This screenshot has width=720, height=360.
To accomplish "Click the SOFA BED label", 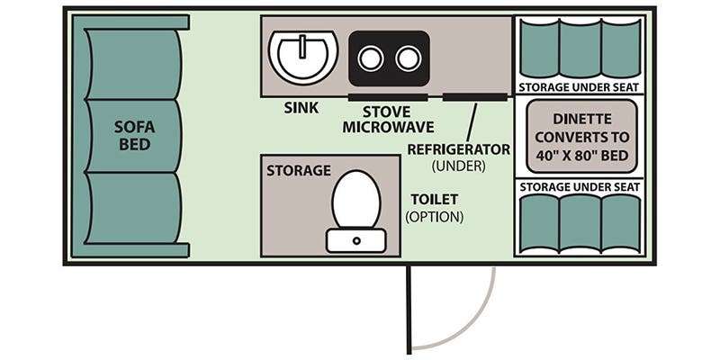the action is (x=134, y=136).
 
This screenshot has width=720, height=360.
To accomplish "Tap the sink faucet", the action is (x=302, y=47).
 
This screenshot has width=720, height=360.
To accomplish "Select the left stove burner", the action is (x=371, y=58).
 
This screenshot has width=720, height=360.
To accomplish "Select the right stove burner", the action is (x=409, y=58).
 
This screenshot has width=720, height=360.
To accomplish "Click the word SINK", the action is (x=301, y=108).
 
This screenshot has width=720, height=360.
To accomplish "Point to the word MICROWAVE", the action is (x=388, y=127).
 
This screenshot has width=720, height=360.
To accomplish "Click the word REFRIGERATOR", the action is (x=459, y=149).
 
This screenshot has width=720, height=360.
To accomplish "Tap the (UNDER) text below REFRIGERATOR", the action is (x=458, y=166).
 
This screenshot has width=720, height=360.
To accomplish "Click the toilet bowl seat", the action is (x=356, y=199).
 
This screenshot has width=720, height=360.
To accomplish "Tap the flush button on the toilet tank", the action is (x=356, y=240).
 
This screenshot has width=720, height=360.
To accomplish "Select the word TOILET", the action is (x=435, y=199).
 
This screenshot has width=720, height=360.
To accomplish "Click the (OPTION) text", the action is (x=434, y=216).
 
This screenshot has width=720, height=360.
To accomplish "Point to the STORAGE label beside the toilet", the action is (x=299, y=170).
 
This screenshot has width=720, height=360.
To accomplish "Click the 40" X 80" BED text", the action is (x=581, y=155).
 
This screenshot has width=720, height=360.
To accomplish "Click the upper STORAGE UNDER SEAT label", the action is (x=579, y=87).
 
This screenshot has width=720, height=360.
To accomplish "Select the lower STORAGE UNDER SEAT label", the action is (x=579, y=187).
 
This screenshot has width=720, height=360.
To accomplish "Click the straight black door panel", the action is (x=409, y=310).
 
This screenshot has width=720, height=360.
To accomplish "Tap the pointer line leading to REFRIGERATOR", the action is (x=472, y=122).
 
